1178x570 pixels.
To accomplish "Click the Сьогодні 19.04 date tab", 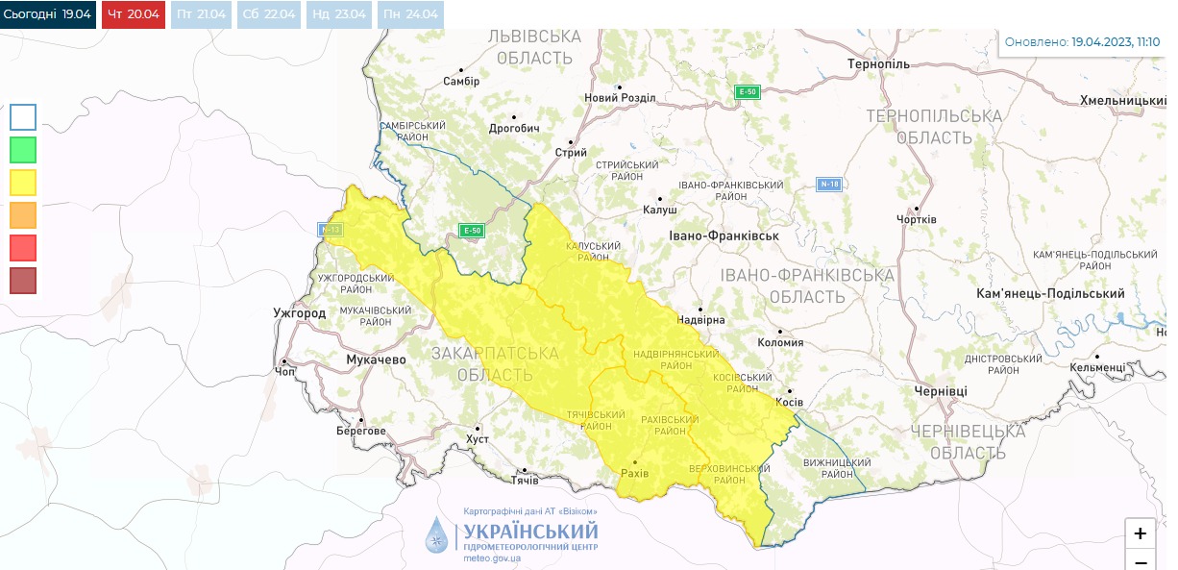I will pos(48,14).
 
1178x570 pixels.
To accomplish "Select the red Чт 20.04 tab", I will pos(134,14).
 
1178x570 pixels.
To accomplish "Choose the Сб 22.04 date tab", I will pos(268,14).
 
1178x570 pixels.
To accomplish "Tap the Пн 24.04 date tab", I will pos(410,14).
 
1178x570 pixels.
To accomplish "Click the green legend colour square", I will pos(23,150).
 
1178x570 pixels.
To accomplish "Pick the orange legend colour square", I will pos(23,215).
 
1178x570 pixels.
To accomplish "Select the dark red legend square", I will pos(23,281).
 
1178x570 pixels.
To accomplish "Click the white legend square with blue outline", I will pos(23,117).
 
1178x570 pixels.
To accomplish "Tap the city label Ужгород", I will pos(299,313).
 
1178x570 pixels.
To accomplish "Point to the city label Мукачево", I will pos(376,359).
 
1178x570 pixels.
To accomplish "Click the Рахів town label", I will pos(635,474).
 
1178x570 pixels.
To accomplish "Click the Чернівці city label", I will pos(941,391).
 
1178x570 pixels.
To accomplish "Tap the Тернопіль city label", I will pos(878,63).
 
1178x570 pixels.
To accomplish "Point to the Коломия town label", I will pos(780,342).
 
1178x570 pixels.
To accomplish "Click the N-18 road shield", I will pos(829,184).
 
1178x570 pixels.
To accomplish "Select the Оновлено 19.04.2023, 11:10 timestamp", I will pos(1081,42).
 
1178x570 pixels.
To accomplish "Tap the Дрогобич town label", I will pos(514,128).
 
